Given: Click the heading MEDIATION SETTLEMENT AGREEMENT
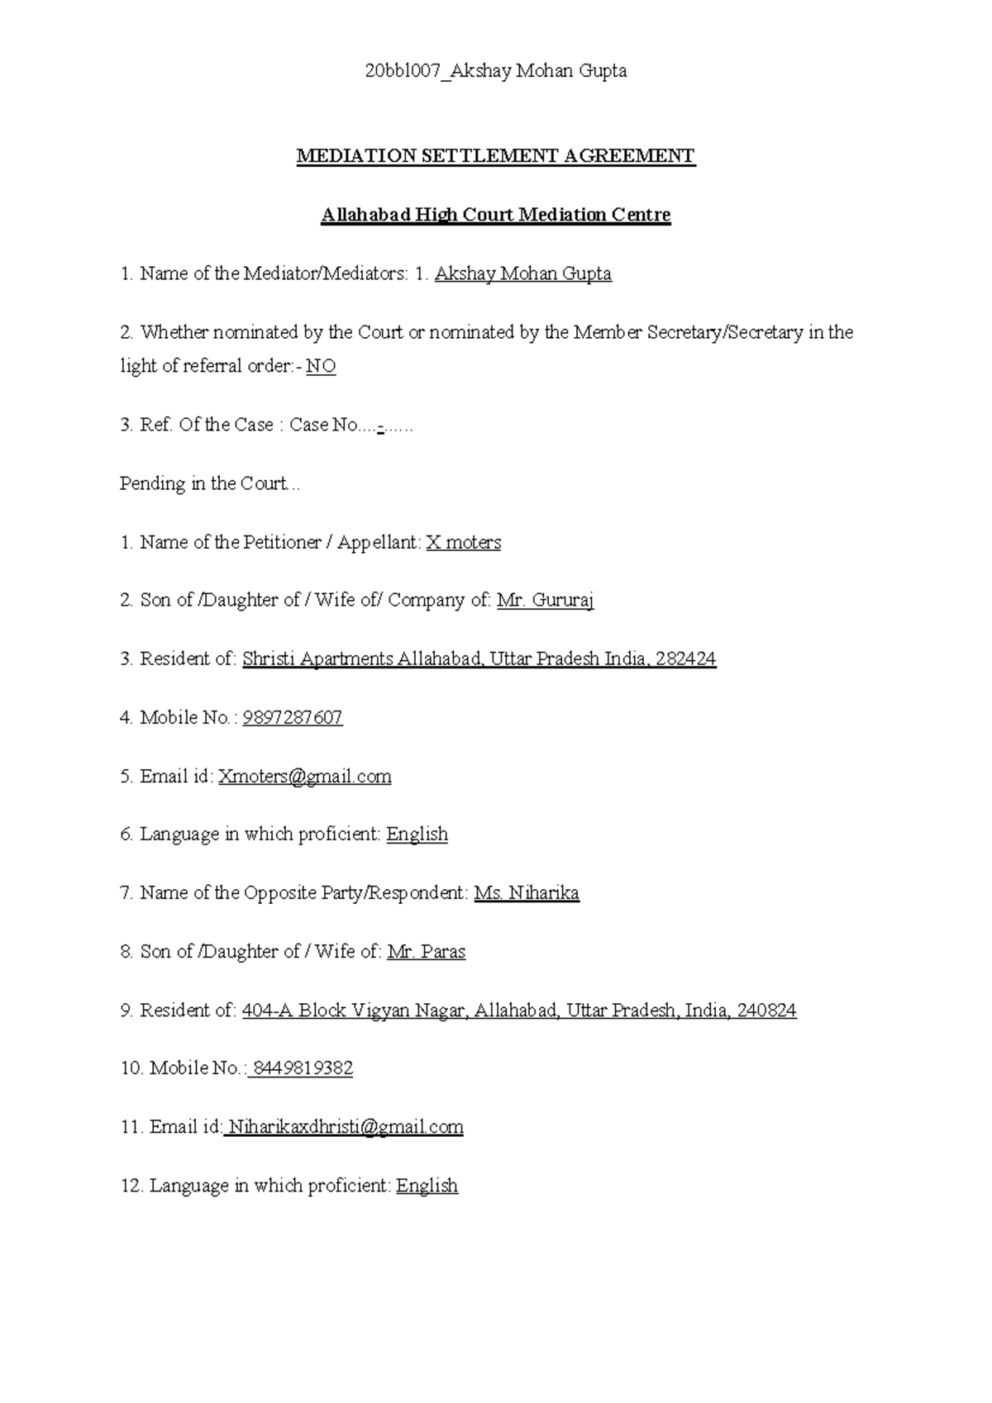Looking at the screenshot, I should (496, 156).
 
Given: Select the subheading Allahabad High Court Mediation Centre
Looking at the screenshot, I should (496, 215).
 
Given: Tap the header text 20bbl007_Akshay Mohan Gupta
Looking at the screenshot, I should (496, 72).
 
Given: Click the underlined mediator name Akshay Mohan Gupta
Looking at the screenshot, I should (522, 273).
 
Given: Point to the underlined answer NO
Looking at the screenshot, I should (321, 366).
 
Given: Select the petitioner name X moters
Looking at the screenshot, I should (463, 542).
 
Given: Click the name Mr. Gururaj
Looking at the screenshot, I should (545, 601).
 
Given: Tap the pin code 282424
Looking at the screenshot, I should (685, 659).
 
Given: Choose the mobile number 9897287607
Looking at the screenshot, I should (293, 717).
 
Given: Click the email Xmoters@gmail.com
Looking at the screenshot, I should (304, 777).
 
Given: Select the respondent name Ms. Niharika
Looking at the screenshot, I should (527, 893).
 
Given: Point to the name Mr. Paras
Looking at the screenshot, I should (426, 952).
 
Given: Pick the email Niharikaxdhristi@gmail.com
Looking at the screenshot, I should (345, 1127).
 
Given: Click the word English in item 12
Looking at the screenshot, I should (427, 1186).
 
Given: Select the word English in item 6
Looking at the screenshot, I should (417, 835).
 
